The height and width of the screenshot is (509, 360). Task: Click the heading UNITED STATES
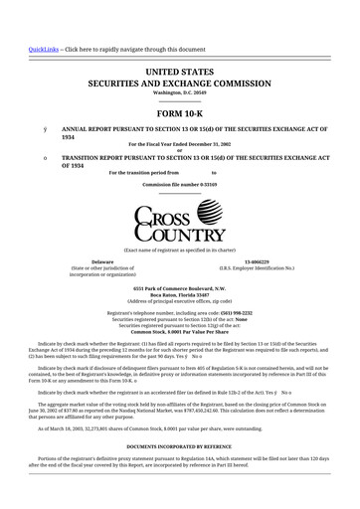(180, 73)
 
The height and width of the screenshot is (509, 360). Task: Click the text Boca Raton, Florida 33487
(180, 293)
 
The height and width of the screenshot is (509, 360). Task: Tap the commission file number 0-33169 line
(180, 186)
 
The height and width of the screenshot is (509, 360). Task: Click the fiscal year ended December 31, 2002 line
(180, 145)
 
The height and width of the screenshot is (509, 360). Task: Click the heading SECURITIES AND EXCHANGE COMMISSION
(180, 85)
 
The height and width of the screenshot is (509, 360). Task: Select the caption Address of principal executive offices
(180, 300)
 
